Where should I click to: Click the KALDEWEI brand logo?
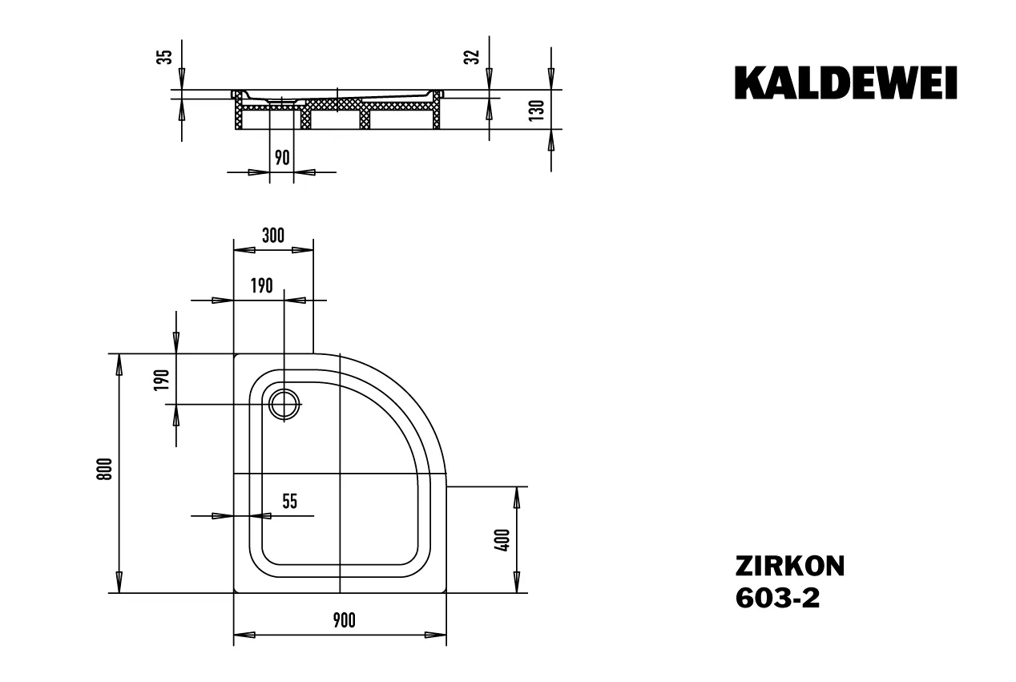coord(846,83)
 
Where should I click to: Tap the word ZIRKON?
coord(790,567)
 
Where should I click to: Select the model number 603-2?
coord(777,598)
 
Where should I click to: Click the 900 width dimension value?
coord(344,620)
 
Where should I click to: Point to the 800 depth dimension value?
coord(105,469)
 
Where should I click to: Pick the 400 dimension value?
coord(502,540)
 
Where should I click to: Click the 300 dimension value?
coord(273,236)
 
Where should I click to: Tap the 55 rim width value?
coord(290,502)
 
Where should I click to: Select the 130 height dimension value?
coord(537,111)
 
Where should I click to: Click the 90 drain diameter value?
coord(282,157)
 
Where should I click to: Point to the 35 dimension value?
coord(164,57)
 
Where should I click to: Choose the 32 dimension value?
coord(472,57)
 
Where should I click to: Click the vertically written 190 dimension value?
coord(162,380)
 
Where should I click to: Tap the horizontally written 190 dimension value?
coord(262,286)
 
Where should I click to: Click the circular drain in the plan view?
coord(284,404)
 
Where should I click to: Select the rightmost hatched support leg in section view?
coord(437,112)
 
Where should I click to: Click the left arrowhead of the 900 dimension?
coord(244,635)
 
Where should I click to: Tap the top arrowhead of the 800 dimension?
coord(119,365)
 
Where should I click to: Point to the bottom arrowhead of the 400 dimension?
coord(517,582)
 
